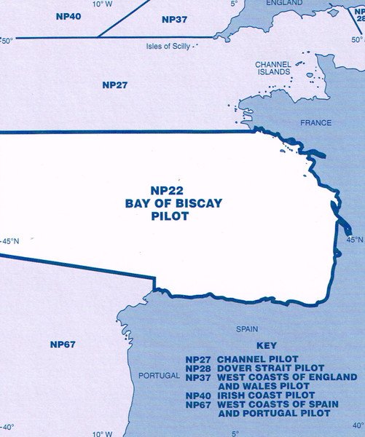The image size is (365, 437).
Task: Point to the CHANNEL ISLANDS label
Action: (x=274, y=68)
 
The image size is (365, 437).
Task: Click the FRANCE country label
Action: (x=315, y=123)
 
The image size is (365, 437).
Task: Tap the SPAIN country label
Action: (x=247, y=329)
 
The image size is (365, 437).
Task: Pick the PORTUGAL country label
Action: (x=158, y=376)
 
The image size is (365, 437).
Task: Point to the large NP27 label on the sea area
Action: (x=115, y=85)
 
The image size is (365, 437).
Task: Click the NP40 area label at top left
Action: (x=68, y=15)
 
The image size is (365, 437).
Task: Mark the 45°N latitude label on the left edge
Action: (x=11, y=241)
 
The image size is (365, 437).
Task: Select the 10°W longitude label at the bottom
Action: (x=103, y=433)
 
